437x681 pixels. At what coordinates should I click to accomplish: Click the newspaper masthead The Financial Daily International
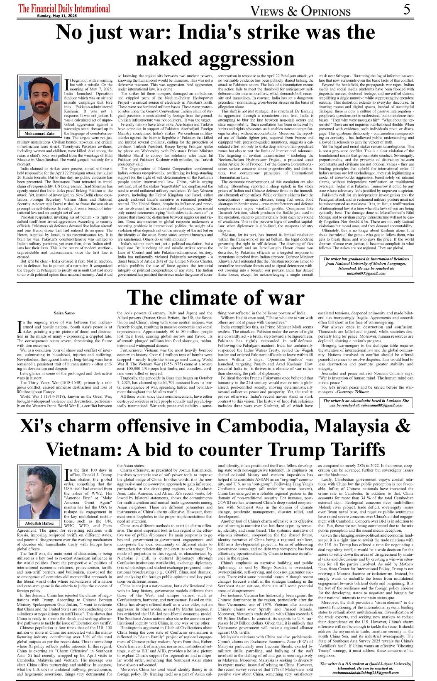(64, 8)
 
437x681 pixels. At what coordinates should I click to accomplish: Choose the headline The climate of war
(215, 298)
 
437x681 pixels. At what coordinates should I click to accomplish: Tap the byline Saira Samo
(64, 312)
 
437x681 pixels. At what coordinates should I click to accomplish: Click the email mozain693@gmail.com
(366, 273)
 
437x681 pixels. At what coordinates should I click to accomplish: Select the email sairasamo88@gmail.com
(366, 405)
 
